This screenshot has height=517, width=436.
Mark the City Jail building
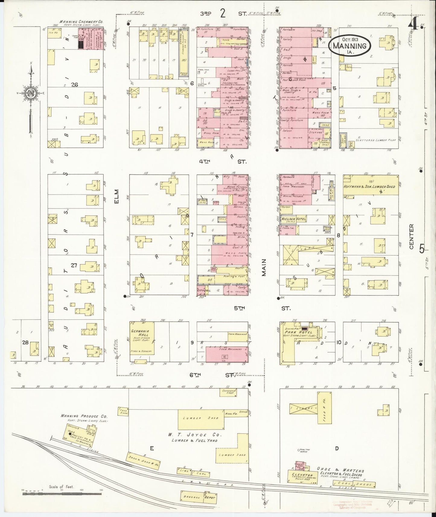pyautogui.click(x=204, y=290)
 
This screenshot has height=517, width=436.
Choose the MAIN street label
pyautogui.click(x=264, y=267)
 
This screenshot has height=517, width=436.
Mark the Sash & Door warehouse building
pyautogui.click(x=143, y=460)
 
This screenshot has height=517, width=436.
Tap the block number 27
pyautogui.click(x=74, y=265)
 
